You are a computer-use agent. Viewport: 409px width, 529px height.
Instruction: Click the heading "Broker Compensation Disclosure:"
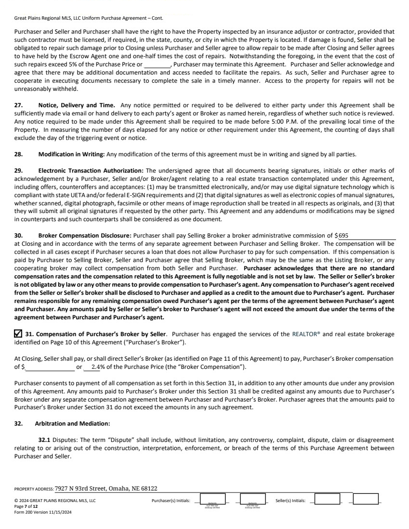pyautogui.click(x=84, y=236)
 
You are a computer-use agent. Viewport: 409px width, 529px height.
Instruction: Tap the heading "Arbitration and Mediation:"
pyautogui.click(x=72, y=423)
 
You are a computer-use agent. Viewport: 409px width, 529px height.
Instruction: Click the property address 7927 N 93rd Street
pyautogui.click(x=106, y=489)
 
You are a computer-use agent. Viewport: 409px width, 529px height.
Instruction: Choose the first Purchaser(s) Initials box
pyautogui.click(x=212, y=500)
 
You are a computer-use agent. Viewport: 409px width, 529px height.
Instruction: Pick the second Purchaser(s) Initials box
pyautogui.click(x=252, y=500)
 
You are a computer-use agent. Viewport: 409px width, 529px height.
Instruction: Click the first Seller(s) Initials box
pyautogui.click(x=327, y=499)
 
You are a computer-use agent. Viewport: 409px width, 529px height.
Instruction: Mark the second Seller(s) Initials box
pyautogui.click(x=366, y=499)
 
